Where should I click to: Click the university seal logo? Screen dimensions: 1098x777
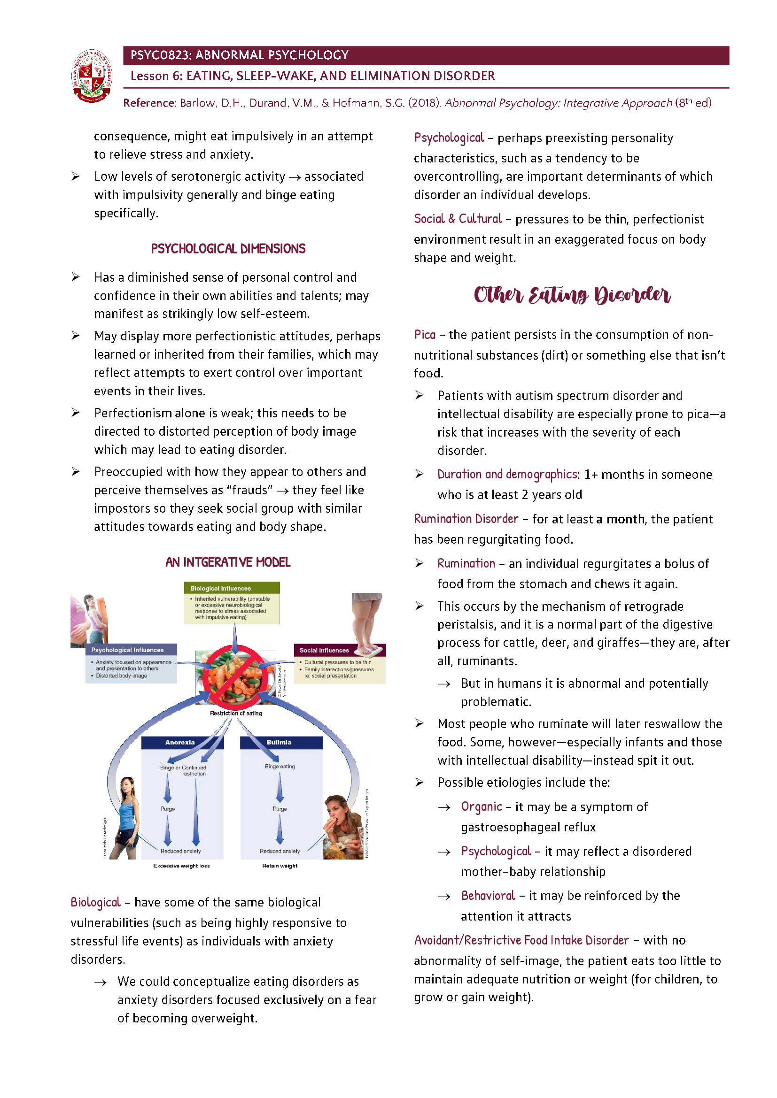coord(92,76)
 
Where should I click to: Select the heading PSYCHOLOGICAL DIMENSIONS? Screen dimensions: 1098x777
coord(228,249)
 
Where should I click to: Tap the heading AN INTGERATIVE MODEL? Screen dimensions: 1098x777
coord(228,562)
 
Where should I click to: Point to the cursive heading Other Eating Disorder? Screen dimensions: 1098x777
coord(572,295)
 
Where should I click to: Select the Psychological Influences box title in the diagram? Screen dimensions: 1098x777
coord(127,650)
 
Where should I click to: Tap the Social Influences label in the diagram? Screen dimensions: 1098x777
coord(324,650)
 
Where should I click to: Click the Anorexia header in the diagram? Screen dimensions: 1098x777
coord(180,742)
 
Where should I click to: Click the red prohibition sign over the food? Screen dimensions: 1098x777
coord(234,677)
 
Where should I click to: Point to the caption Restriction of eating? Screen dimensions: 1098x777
coord(236,713)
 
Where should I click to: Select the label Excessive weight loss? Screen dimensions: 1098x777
coord(181,866)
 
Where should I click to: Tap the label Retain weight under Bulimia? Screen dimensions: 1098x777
coord(280,866)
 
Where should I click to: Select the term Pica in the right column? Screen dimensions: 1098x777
coord(424,335)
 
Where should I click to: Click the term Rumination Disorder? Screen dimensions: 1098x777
coord(466,519)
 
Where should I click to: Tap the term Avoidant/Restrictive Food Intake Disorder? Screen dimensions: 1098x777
coord(521,940)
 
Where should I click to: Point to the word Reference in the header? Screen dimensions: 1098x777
coord(149,103)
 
